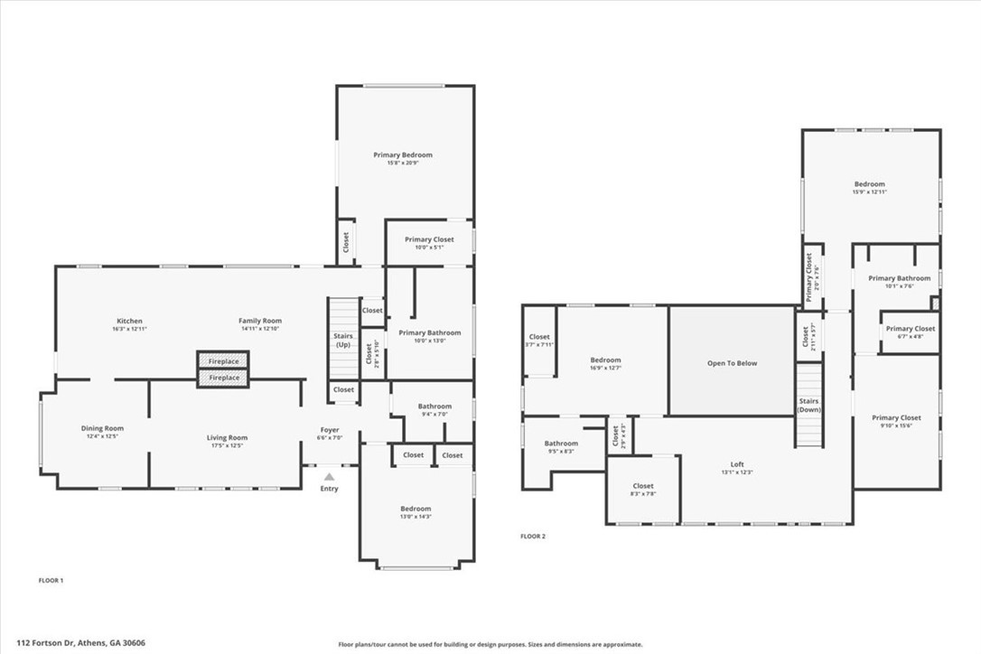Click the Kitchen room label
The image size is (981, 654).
pyautogui.click(x=129, y=322)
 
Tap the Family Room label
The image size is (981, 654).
pyautogui.click(x=260, y=322)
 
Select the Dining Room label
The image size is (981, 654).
pyautogui.click(x=102, y=429)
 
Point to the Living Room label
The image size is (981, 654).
pyautogui.click(x=227, y=438)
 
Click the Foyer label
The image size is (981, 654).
pyautogui.click(x=331, y=430)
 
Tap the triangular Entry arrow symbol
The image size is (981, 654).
pyautogui.click(x=330, y=476)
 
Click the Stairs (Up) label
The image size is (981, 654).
pyautogui.click(x=343, y=341)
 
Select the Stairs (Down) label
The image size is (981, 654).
pyautogui.click(x=808, y=406)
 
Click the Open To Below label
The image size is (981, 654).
pyautogui.click(x=732, y=363)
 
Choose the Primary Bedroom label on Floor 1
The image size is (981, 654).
pyautogui.click(x=403, y=155)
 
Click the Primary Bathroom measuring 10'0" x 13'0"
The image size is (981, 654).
pyautogui.click(x=430, y=333)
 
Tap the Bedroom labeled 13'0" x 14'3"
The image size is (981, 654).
pyautogui.click(x=416, y=509)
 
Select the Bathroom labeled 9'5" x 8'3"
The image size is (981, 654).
pyautogui.click(x=561, y=444)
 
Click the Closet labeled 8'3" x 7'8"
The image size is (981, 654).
pyautogui.click(x=643, y=486)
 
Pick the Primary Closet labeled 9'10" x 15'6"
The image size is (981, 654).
pyautogui.click(x=896, y=418)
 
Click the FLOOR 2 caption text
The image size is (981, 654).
pyautogui.click(x=533, y=536)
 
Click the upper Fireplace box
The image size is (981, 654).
pyautogui.click(x=224, y=361)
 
